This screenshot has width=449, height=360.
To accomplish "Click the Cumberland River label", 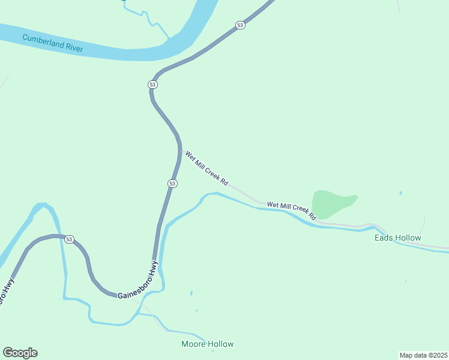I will (x=52, y=43).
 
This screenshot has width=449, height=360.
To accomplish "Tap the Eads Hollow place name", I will (x=397, y=238).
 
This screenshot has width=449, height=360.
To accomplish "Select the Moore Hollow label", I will (x=207, y=344).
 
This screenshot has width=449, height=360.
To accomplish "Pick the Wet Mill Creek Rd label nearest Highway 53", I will (x=206, y=167).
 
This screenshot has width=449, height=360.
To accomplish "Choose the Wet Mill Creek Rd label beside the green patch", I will (x=291, y=209).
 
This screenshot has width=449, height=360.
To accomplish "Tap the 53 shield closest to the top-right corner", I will (x=240, y=25).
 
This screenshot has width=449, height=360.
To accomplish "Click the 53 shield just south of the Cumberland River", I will (x=152, y=85).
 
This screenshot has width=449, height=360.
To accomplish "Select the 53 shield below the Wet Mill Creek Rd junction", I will (x=172, y=183).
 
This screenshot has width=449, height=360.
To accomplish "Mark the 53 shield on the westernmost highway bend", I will (x=70, y=239).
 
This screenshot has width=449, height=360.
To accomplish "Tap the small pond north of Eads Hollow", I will (x=400, y=193).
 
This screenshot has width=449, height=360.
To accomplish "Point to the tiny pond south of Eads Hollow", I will (x=406, y=281).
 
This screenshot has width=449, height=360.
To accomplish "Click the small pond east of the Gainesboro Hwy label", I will (x=191, y=293).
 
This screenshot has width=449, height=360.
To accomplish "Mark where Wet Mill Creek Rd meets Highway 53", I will (x=180, y=151).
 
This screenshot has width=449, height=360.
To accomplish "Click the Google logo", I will (x=20, y=353).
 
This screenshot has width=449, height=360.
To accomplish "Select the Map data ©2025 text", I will (x=423, y=355).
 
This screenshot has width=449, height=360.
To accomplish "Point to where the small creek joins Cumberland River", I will (x=170, y=40).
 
